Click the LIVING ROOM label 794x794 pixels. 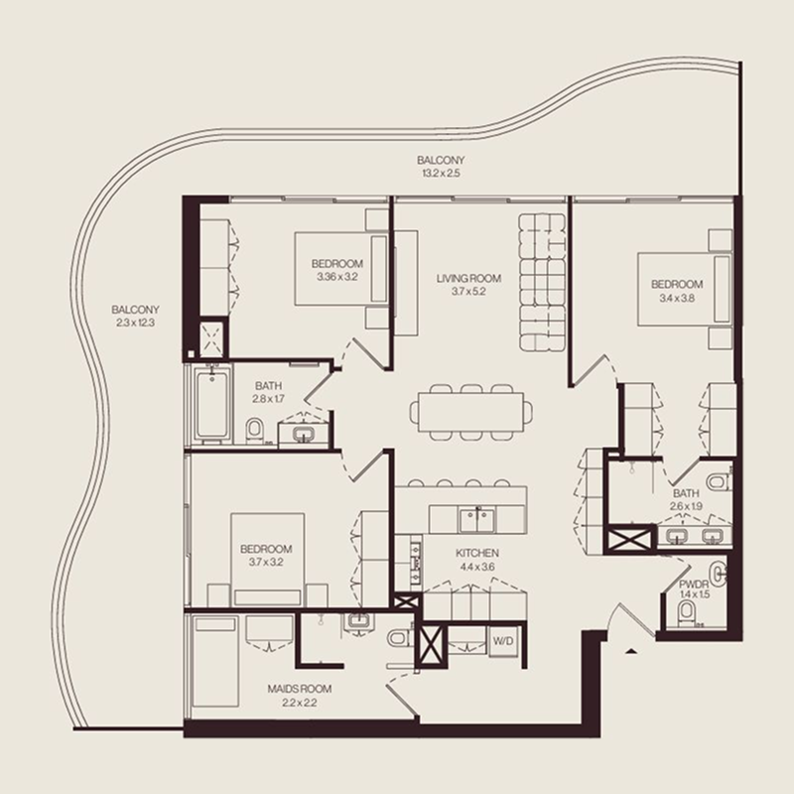pyautogui.click(x=468, y=279)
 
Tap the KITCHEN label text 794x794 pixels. pyautogui.click(x=476, y=553)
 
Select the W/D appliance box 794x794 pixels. pyautogui.click(x=504, y=641)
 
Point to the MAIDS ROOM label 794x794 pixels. pyautogui.click(x=300, y=689)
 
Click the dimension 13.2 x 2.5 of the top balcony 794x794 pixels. pyautogui.click(x=440, y=174)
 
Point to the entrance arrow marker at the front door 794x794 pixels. pyautogui.click(x=631, y=652)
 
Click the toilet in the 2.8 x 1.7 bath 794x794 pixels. pyautogui.click(x=254, y=430)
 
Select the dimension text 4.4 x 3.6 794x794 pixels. pyautogui.click(x=476, y=567)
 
